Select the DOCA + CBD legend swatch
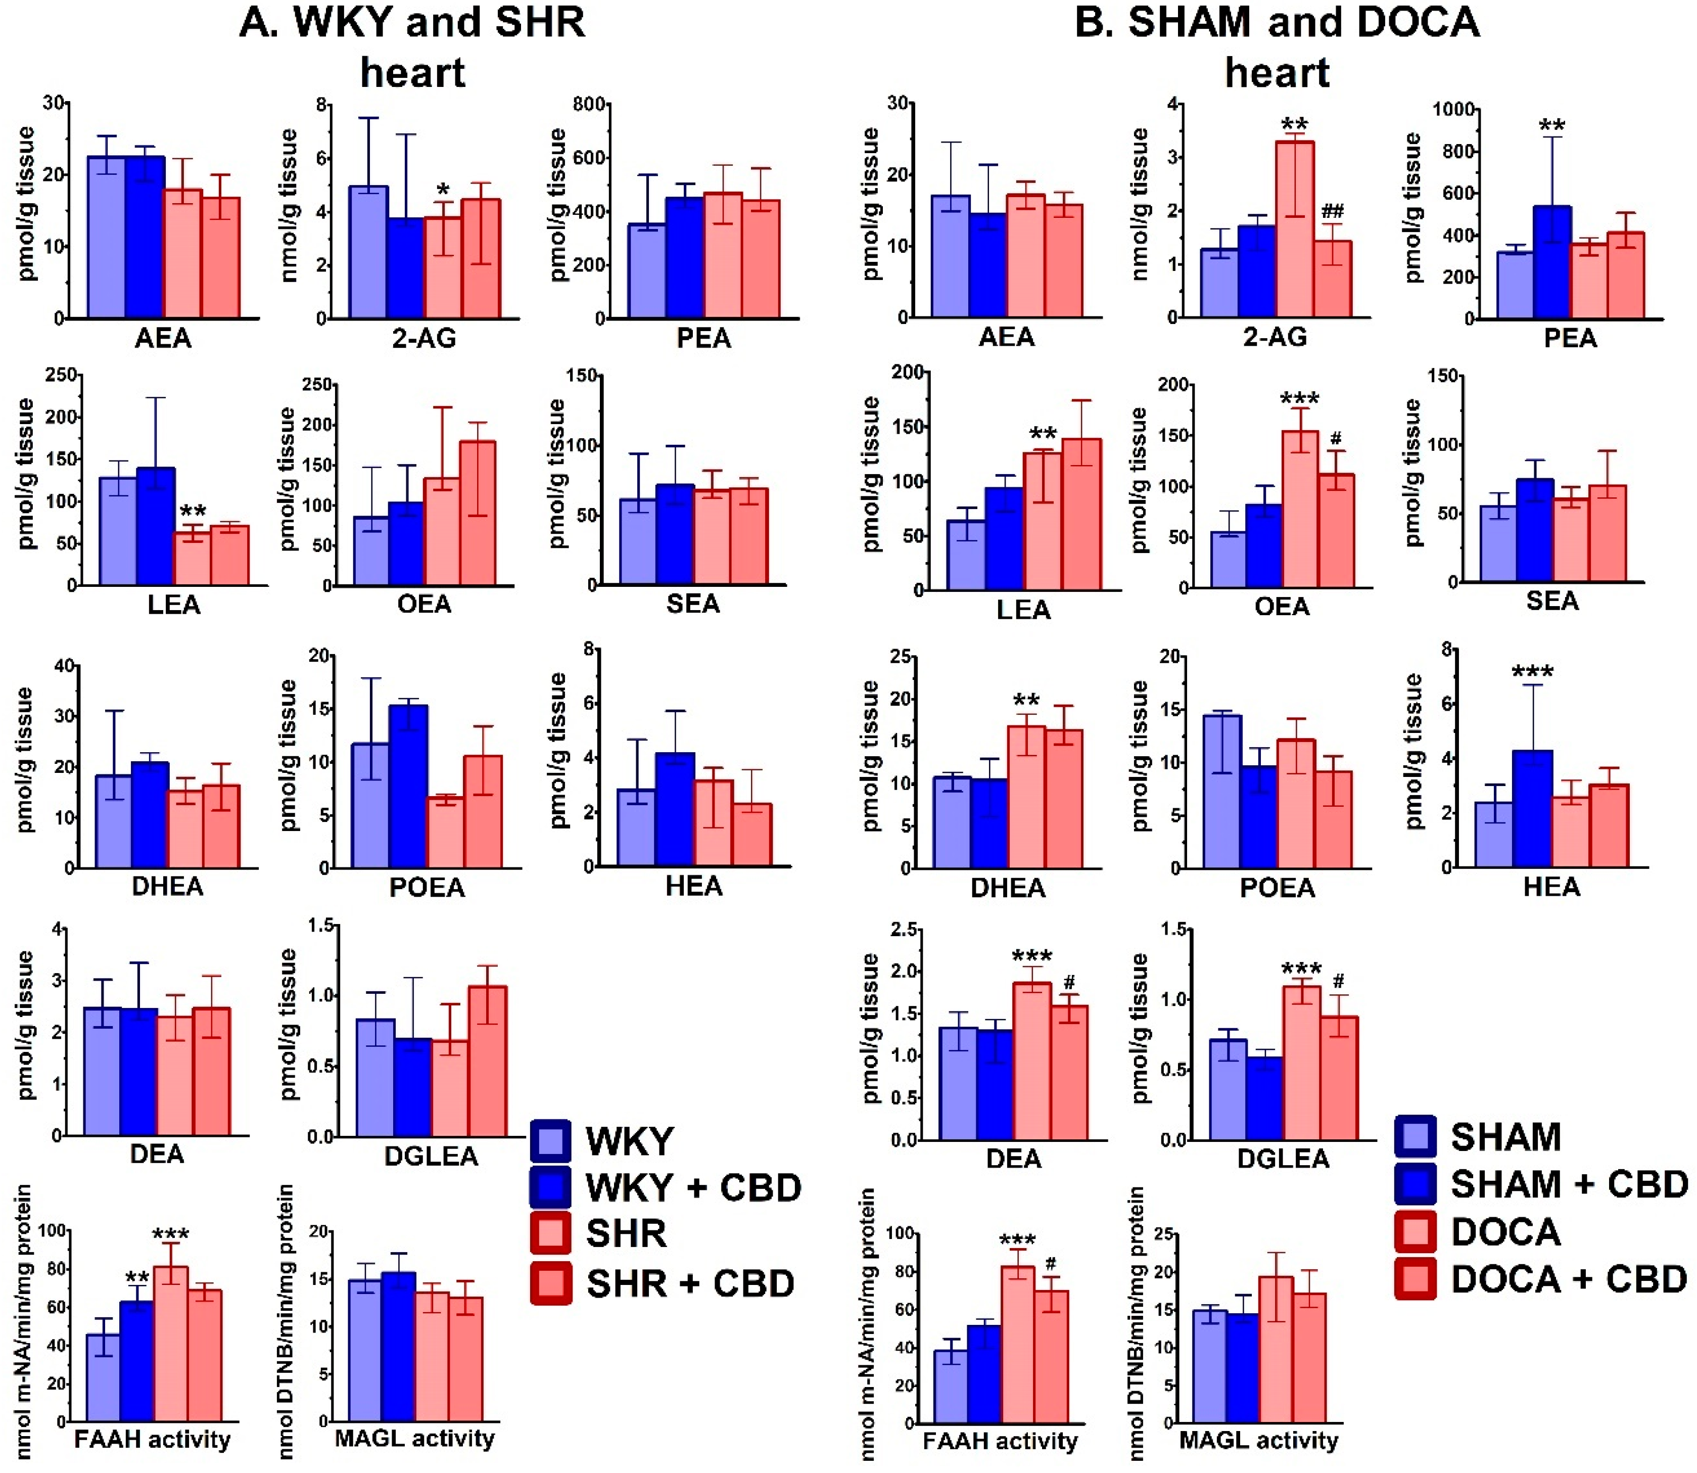point(1415,1279)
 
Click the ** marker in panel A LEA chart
point(193,511)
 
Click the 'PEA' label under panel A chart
point(703,338)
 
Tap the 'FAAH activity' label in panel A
point(152,1439)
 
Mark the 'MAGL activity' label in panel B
point(1258,1440)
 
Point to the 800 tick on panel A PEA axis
point(588,105)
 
